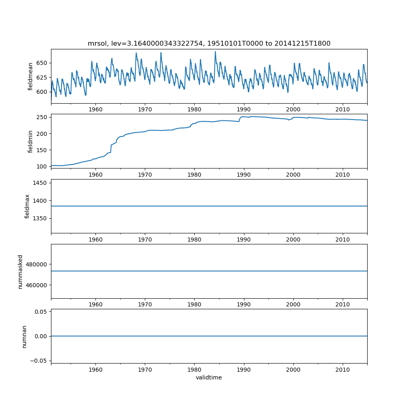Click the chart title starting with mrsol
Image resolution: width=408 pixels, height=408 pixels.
coord(209,43)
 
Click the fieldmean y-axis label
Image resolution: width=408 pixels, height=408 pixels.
coord(31,76)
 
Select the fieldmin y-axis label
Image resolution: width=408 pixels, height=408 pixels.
coord(31,141)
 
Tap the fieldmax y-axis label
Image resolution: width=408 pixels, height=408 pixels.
coord(27,206)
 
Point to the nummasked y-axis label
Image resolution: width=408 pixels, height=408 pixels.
coord(20,271)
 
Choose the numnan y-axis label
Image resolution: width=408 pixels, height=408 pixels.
coord(24,336)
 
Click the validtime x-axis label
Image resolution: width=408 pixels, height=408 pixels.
coord(209,377)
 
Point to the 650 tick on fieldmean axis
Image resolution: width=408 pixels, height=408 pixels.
coord(42,63)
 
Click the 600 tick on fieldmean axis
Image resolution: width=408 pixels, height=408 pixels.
coord(42,92)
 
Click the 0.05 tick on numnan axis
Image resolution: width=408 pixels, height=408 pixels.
coord(42,312)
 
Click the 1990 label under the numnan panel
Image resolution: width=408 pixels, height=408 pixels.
coord(244,369)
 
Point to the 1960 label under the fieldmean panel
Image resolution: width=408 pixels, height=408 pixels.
coord(95,109)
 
